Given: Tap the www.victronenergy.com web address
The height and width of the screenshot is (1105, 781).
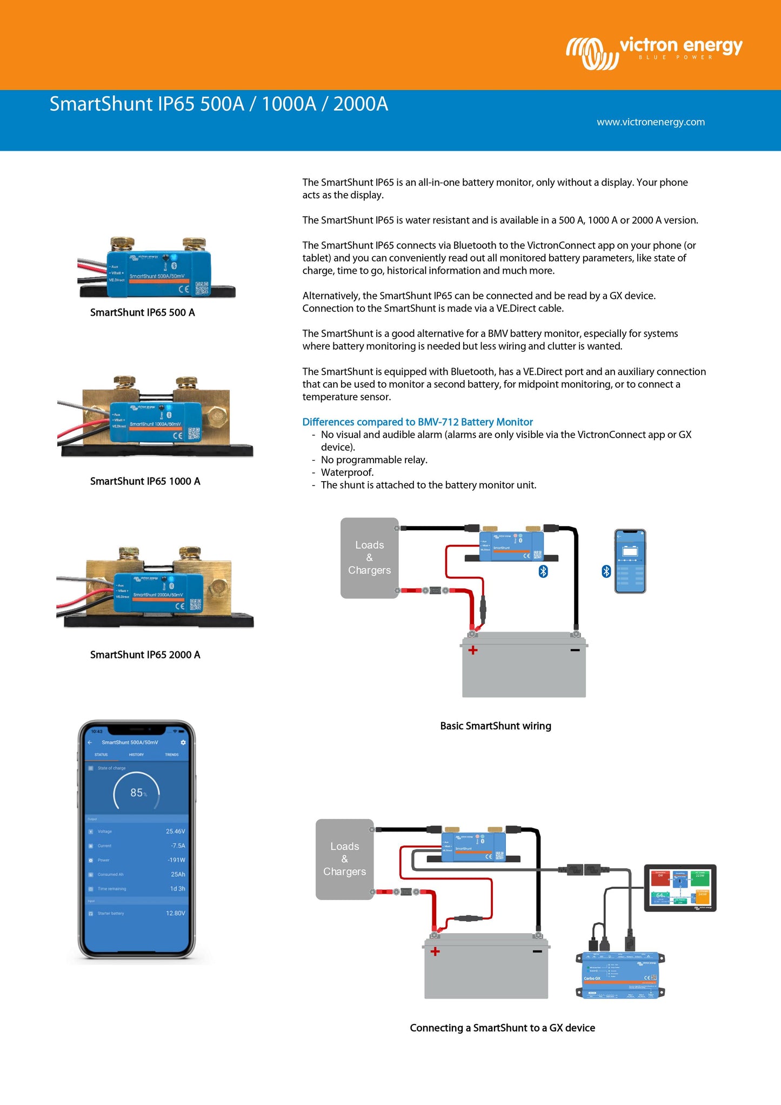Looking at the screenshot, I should [x=650, y=122].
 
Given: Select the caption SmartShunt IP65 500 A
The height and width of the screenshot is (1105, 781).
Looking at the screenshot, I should [x=142, y=312].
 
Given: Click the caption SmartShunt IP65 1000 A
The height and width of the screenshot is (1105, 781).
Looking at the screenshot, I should [x=145, y=481].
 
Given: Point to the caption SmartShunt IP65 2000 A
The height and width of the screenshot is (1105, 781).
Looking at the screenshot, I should [x=145, y=655].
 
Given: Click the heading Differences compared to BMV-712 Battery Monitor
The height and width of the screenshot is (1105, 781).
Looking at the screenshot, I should [x=417, y=422].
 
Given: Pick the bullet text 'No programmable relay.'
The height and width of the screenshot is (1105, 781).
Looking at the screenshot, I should [x=374, y=460].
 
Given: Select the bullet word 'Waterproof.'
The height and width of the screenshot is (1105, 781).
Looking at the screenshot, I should [x=347, y=472].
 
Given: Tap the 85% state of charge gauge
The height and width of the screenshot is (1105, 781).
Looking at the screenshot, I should [x=137, y=793].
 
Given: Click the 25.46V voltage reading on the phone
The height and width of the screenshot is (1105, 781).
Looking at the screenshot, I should [x=175, y=831].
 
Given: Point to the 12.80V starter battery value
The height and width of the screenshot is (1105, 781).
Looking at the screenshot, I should [x=175, y=913].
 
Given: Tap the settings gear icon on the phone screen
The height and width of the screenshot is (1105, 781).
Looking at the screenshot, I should [x=183, y=743].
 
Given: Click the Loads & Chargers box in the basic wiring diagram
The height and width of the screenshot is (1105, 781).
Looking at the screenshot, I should [x=369, y=558].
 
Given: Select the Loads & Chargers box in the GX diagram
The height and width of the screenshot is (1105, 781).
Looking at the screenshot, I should [x=344, y=859].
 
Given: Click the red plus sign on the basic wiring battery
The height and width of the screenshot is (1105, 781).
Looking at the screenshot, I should [x=473, y=650].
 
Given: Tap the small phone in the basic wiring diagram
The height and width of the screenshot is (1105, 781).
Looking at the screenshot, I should [x=630, y=561].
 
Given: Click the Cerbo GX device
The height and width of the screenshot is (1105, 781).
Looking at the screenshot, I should [x=620, y=976].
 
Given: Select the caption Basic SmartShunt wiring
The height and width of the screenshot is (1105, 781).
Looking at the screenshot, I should [x=496, y=726].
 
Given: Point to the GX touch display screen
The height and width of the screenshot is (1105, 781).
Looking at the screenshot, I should [x=680, y=888].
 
